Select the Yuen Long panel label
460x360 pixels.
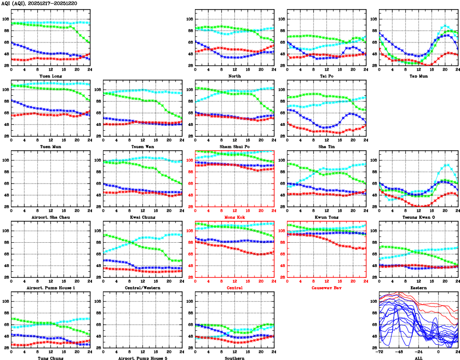[x=50, y=76]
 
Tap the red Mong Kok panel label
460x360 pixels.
[x=234, y=217]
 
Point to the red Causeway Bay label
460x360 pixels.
[x=326, y=288]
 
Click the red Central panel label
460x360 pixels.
[x=234, y=288]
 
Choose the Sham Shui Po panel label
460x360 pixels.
[x=234, y=146]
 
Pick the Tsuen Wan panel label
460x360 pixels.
[x=143, y=146]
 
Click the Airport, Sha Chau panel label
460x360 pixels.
[x=50, y=217]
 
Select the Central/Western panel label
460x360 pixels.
[x=143, y=288]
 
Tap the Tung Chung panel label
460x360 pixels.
[x=50, y=358]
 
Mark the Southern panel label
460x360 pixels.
[x=234, y=358]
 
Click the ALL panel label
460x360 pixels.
[x=418, y=358]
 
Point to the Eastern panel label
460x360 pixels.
[x=418, y=288]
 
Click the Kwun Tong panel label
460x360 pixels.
[x=326, y=217]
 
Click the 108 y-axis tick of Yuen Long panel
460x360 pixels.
[x=6, y=19]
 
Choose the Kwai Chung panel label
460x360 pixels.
[x=143, y=217]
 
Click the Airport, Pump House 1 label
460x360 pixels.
[x=50, y=288]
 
